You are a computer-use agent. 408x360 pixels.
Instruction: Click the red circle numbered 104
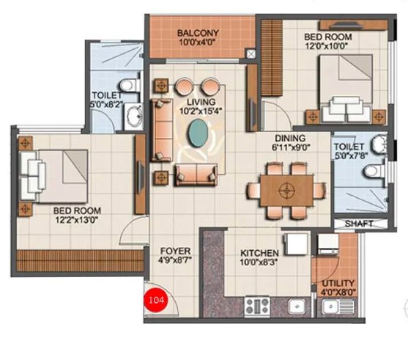[156, 300]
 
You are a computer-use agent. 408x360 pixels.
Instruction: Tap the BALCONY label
[198, 33]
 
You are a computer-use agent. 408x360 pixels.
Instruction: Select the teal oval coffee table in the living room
[198, 133]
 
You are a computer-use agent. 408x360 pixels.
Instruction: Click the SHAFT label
[359, 224]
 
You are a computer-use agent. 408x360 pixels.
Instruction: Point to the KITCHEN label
[259, 253]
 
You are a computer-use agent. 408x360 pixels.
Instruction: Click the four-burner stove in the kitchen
[257, 306]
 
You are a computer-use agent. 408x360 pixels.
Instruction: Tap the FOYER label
[175, 251]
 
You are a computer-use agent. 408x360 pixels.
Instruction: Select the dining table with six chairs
[286, 191]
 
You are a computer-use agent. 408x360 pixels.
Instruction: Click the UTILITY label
[338, 283]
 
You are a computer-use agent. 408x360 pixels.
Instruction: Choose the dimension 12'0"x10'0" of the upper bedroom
[327, 46]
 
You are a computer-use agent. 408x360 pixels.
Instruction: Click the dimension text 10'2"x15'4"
[201, 111]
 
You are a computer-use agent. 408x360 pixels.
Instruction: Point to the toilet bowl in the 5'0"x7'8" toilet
[373, 172]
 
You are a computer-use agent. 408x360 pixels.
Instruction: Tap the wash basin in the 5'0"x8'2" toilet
[134, 116]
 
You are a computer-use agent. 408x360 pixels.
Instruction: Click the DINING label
[290, 139]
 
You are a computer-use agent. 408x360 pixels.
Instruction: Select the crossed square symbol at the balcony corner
[251, 54]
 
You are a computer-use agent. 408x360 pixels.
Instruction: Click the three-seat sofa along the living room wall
[161, 130]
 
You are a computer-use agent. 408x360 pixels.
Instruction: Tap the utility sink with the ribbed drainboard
[338, 306]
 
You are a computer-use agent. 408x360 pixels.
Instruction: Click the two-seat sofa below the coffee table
[196, 174]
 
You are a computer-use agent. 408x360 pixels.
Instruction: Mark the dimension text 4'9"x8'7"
[175, 260]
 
